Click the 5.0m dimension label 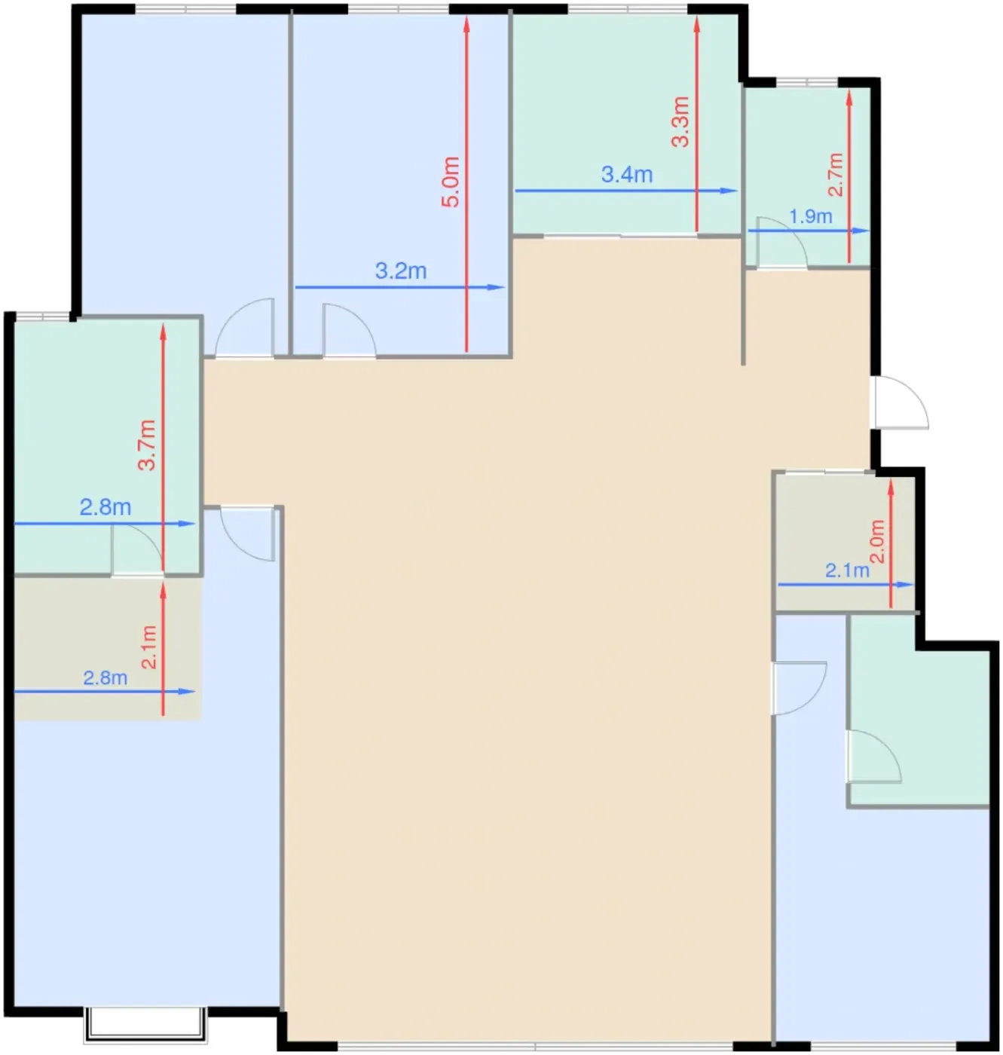point(450,182)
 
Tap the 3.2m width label point(400,271)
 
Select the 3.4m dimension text point(626,174)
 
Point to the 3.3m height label point(680,121)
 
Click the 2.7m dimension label point(835,174)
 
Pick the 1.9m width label point(810,216)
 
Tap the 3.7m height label point(146,445)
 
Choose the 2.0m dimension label point(877,541)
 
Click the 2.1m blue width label point(847,570)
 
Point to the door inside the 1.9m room point(781,241)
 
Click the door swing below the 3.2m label point(349,329)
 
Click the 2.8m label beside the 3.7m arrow point(105,506)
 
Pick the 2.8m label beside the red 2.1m point(105,677)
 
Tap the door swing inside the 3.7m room point(137,549)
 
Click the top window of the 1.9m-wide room point(806,82)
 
